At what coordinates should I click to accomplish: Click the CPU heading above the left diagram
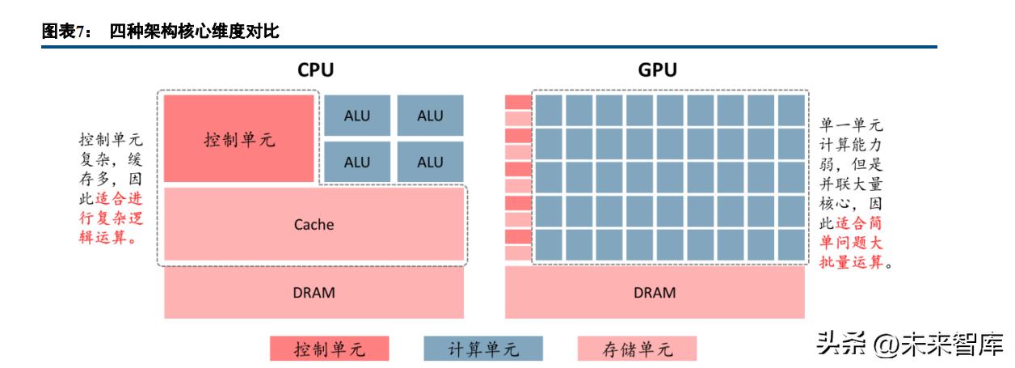[x=314, y=70]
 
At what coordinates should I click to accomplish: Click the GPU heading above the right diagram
[x=657, y=70]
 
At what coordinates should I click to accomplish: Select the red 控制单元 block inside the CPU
[x=239, y=138]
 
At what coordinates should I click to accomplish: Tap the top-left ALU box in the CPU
[x=357, y=116]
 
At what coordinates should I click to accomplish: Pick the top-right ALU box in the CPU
[x=430, y=116]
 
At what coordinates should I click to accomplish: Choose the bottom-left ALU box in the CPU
[x=357, y=162]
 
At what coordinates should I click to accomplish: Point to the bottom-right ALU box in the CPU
[x=430, y=162]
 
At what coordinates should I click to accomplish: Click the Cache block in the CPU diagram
[x=314, y=224]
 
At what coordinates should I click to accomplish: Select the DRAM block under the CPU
[x=314, y=292]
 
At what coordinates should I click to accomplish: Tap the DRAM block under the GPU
[x=655, y=292]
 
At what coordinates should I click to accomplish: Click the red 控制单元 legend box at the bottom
[x=329, y=349]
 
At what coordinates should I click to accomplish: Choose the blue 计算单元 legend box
[x=483, y=349]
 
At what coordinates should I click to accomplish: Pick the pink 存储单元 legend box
[x=637, y=349]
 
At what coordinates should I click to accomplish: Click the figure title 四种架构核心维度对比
[x=194, y=32]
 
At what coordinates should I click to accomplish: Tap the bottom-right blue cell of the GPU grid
[x=791, y=244]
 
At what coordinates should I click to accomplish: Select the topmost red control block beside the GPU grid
[x=518, y=102]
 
